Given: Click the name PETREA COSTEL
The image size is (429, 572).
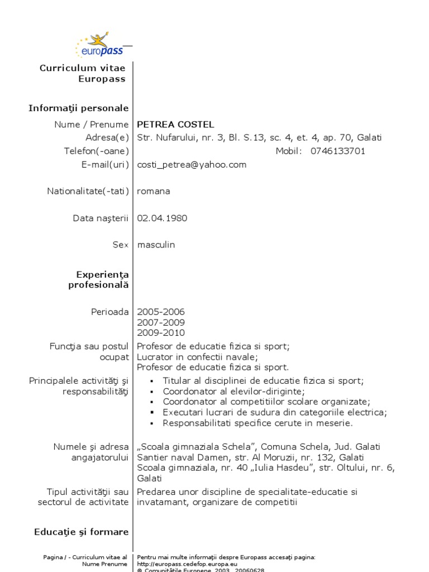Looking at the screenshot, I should [175, 125].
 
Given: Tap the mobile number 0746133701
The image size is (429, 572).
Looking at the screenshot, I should [338, 151].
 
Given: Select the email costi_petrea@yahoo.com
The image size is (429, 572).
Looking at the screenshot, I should [192, 165].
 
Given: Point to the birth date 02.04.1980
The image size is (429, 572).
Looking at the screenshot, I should [163, 218].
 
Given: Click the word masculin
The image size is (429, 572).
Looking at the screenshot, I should [156, 245].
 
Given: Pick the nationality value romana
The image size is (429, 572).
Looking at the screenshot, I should [154, 191].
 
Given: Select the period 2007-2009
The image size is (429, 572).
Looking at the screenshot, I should [161, 322].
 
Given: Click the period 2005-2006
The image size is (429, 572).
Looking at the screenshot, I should [161, 312].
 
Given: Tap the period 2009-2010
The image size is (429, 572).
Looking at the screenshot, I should [161, 333].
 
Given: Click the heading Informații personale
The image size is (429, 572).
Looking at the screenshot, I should [79, 108].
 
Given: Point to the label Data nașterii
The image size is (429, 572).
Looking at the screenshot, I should [101, 218].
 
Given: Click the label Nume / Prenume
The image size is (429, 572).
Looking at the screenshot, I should [92, 125].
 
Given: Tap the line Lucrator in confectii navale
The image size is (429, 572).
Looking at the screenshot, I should [198, 357].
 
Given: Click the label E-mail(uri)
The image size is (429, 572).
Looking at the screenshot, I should [105, 165].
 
